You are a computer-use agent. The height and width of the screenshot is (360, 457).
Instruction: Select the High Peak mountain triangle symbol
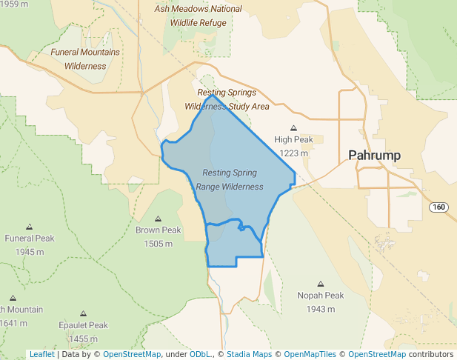point(293,127)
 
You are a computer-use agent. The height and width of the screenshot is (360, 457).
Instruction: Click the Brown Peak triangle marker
point(158,219)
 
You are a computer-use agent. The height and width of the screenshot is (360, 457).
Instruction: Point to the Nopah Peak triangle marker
point(321,284)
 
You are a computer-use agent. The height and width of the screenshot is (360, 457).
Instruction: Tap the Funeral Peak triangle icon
point(30,227)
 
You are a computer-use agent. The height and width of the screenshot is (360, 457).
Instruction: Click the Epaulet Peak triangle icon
point(83,313)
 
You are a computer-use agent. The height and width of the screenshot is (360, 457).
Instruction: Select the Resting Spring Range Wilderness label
point(230,179)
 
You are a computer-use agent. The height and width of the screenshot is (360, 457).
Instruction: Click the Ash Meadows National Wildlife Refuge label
point(198,15)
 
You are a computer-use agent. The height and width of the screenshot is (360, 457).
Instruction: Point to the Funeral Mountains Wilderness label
point(85,59)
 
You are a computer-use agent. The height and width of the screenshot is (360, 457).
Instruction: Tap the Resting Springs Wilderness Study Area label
point(227,99)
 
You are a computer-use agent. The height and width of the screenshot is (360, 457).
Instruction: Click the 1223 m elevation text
point(293,153)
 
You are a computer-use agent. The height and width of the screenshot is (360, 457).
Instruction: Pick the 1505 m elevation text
point(158,244)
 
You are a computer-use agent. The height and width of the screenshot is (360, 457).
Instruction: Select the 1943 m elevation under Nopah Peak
point(321,308)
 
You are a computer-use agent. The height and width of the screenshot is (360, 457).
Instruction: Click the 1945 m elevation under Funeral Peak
point(30,252)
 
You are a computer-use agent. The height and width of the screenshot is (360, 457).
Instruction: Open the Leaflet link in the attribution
point(41,354)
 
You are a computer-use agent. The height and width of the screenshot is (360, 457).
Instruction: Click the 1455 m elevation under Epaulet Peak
point(83,339)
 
